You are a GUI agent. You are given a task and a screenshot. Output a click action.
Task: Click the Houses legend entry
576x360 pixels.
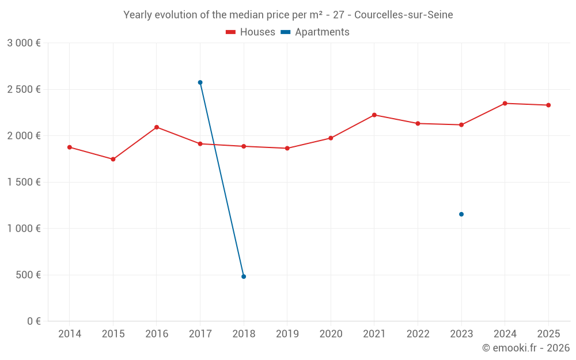click(x=251, y=32)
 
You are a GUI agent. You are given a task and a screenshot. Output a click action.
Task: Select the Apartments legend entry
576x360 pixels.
click(x=315, y=32)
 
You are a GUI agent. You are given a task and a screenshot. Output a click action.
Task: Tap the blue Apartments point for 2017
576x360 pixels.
click(x=200, y=82)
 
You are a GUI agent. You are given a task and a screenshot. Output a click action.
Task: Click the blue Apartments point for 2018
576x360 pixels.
click(x=244, y=276)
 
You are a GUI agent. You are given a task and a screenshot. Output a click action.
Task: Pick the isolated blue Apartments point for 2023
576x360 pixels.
click(x=461, y=214)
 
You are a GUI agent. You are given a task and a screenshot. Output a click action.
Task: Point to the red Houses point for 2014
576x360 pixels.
click(x=70, y=147)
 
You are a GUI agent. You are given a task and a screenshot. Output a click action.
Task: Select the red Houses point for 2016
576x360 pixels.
click(x=157, y=127)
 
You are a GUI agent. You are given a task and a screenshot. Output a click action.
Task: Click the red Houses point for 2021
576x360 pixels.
click(x=374, y=115)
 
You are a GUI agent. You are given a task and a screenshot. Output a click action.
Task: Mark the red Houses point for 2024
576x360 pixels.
click(x=505, y=103)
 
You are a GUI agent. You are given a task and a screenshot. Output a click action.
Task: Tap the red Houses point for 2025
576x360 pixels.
click(x=548, y=105)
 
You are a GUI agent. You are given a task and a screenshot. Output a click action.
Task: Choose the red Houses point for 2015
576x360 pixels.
click(x=113, y=159)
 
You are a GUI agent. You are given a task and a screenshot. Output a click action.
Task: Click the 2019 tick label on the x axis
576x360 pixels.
click(x=287, y=334)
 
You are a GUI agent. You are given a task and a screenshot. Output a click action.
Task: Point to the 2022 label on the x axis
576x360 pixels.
click(x=418, y=334)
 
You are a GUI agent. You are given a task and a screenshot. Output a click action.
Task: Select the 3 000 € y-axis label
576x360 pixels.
click(x=24, y=43)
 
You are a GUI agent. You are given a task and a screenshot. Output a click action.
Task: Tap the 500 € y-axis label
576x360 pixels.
click(x=28, y=275)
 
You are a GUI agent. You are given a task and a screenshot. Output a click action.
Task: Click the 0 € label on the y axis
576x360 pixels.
click(x=33, y=321)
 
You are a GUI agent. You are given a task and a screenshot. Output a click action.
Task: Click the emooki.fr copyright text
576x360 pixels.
click(x=525, y=348)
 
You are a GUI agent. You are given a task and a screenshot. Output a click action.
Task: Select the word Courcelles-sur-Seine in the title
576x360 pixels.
click(x=404, y=15)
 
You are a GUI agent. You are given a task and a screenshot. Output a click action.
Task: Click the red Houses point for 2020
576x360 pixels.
click(x=331, y=138)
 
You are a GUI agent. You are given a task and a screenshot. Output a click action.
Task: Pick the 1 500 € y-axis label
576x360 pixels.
click(x=24, y=182)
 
